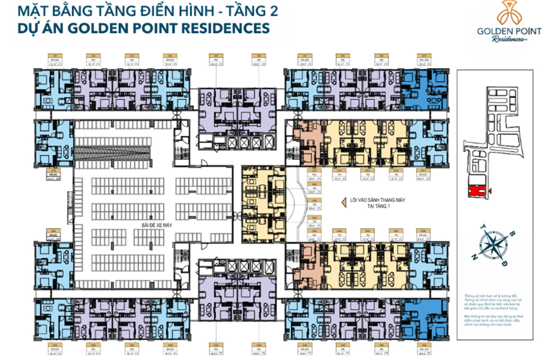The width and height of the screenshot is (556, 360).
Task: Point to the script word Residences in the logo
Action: [x=509, y=40]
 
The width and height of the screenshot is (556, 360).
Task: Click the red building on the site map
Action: [x=475, y=191]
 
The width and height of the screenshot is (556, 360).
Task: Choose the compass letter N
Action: [x=474, y=256]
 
